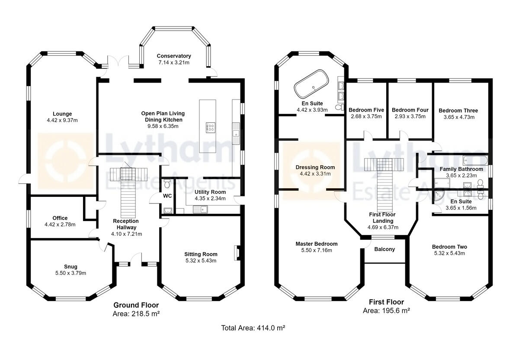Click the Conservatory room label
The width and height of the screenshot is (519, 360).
click(174, 56)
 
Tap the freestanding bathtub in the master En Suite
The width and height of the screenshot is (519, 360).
click(311, 84)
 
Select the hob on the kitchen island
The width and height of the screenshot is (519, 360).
click(210, 128)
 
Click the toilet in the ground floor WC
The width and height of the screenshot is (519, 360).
click(167, 183)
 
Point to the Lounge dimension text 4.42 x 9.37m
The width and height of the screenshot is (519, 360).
click(62, 120)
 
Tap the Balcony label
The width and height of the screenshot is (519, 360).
click(384, 249)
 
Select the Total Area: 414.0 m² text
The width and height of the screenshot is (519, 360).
click(253, 328)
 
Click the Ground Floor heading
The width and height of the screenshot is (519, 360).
click(136, 305)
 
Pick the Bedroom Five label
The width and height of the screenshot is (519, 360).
click(366, 110)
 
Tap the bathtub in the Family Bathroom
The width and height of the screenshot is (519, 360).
click(475, 160)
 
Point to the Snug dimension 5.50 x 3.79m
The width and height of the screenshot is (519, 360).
click(70, 273)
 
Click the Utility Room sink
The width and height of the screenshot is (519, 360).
click(200, 209)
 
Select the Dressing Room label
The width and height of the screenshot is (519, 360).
click(315, 167)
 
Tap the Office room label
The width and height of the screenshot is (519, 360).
click(60, 218)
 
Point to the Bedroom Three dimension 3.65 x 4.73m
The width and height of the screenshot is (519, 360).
click(459, 117)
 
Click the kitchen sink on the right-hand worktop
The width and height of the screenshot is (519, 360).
click(236, 133)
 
